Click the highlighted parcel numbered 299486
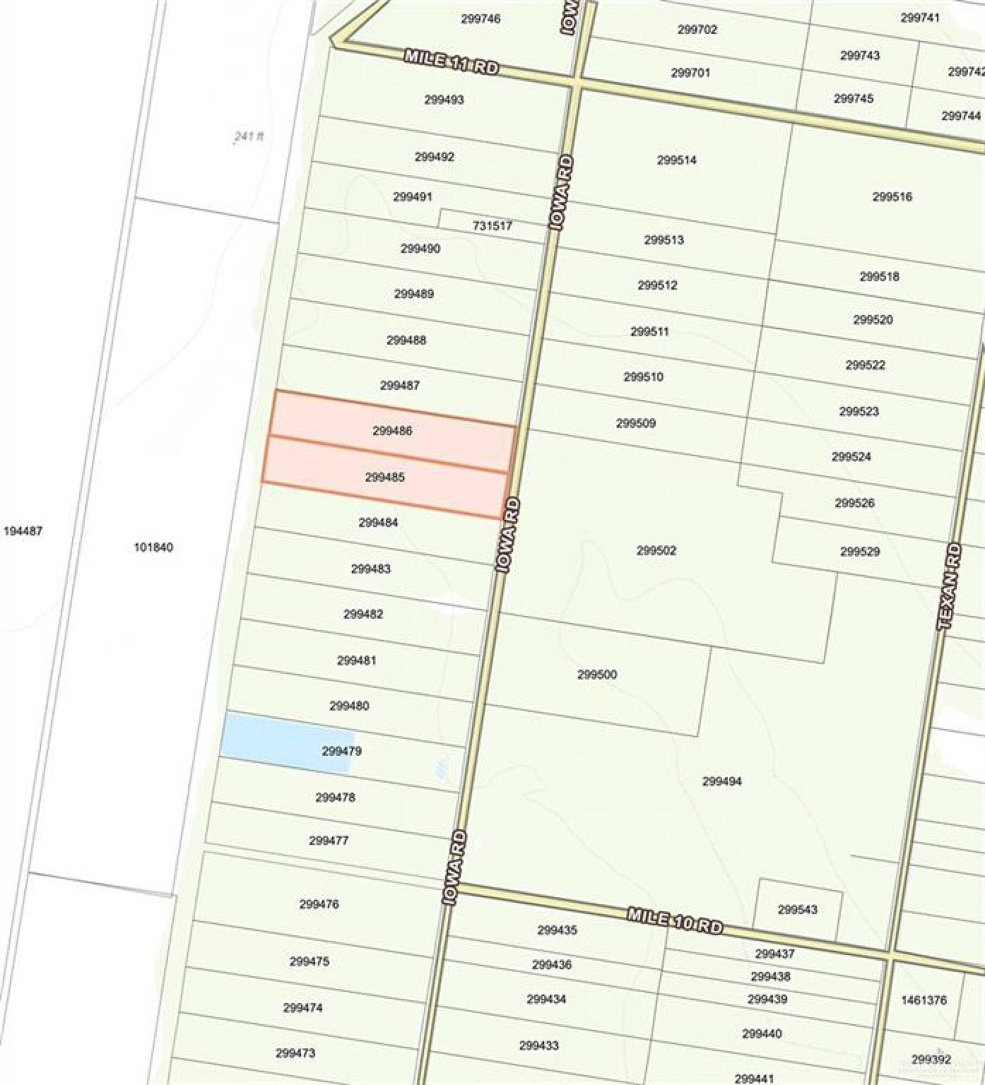click(392, 431)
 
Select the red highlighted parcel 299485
click(385, 477)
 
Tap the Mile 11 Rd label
click(451, 62)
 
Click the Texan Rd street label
click(949, 586)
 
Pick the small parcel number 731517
click(492, 226)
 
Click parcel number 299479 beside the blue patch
click(341, 751)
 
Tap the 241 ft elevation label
click(249, 137)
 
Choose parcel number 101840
click(154, 547)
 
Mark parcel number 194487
click(23, 531)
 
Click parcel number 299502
click(656, 551)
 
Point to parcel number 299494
click(721, 781)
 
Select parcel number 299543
click(797, 910)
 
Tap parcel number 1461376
click(924, 1000)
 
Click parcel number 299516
click(892, 197)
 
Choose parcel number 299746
click(480, 19)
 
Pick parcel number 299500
click(597, 674)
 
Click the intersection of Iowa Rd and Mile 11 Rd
click(576, 81)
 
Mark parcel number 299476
click(319, 904)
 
